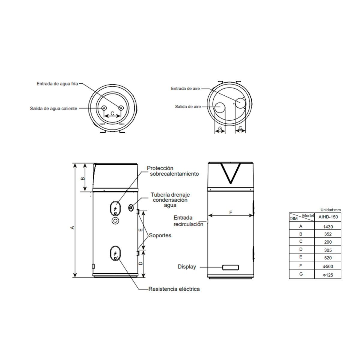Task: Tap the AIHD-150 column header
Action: (x=328, y=217)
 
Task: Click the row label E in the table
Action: (x=301, y=257)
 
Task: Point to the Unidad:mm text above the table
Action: (x=331, y=210)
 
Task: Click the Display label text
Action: (x=187, y=267)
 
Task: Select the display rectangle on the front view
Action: (x=230, y=267)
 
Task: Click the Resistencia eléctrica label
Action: (x=174, y=289)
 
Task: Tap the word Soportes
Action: (x=160, y=235)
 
